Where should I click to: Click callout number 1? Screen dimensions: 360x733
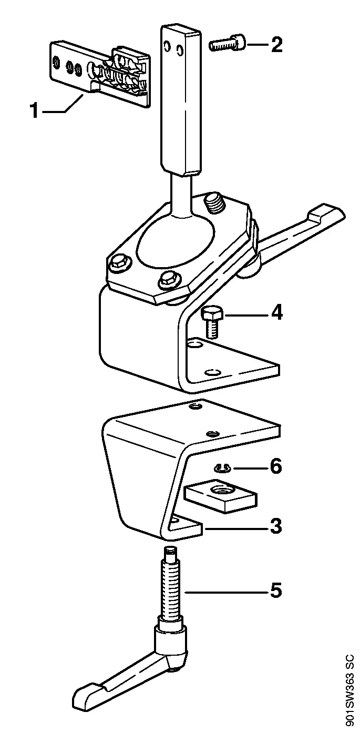click(34, 110)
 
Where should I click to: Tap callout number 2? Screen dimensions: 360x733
click(276, 45)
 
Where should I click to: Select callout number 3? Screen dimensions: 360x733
click(276, 526)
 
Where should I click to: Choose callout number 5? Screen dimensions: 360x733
click(276, 591)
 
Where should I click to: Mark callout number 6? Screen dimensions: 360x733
click(276, 466)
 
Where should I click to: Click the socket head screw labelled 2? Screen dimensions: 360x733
click(228, 44)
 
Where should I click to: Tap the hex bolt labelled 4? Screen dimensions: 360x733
click(212, 322)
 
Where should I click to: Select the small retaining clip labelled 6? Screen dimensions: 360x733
click(222, 469)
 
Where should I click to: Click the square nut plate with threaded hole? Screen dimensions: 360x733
click(221, 494)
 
